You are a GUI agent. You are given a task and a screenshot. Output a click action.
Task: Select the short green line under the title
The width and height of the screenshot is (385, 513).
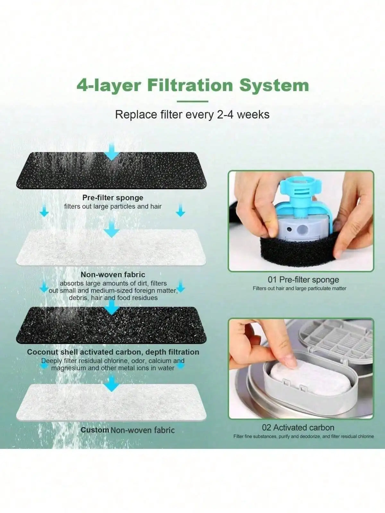click(x=193, y=101)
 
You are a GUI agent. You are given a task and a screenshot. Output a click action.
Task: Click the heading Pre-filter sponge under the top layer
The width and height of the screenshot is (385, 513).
click(x=113, y=198)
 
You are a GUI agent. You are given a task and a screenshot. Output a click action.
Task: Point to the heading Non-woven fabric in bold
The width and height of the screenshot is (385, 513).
click(x=113, y=274)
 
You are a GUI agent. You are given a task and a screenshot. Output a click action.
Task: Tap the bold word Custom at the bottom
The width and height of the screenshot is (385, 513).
click(x=95, y=430)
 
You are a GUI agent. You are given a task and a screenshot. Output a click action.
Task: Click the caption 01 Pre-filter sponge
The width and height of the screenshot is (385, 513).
click(x=303, y=280)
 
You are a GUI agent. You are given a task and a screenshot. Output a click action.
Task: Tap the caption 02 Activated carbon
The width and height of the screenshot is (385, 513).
click(x=298, y=427)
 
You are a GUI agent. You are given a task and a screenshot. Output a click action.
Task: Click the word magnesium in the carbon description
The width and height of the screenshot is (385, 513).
click(x=68, y=368)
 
